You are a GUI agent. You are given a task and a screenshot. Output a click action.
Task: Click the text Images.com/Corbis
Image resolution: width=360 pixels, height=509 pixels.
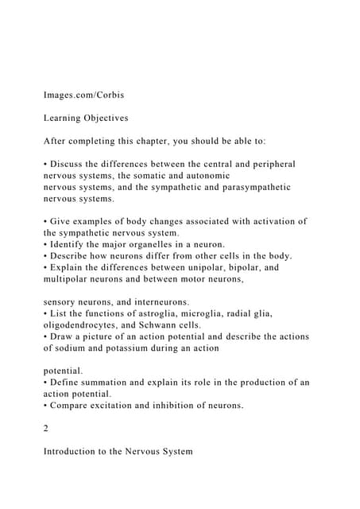83,95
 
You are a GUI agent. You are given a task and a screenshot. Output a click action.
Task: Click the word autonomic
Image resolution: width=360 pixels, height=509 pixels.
205,175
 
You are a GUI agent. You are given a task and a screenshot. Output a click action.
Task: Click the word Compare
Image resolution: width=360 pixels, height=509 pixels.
72,406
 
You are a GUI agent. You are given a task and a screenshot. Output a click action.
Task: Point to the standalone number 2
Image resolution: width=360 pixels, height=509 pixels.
46,429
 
